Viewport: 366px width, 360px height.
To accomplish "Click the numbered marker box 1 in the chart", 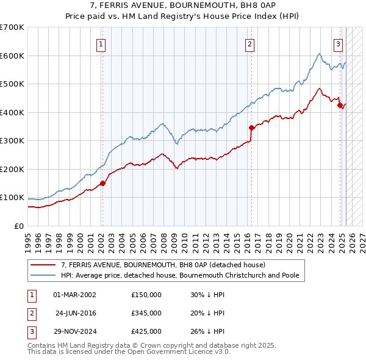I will click(100, 44).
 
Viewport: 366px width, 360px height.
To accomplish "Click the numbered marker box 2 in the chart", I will click(250, 44).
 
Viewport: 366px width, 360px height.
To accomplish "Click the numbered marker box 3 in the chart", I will click(338, 44).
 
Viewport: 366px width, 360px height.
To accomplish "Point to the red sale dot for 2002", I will click(102, 183).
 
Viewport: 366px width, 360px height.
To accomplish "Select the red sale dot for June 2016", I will click(251, 128).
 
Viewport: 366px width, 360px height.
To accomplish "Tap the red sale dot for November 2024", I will click(340, 105).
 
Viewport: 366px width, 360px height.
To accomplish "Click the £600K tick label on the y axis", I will click(12, 56).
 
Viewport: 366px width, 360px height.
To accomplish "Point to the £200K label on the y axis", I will click(12, 169).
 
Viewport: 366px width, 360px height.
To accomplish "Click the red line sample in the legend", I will click(43, 265).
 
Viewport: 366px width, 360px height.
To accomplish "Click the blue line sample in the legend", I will click(43, 275).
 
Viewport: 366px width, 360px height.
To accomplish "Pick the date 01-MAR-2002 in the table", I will click(74, 295).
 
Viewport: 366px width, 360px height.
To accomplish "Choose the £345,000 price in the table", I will click(146, 313).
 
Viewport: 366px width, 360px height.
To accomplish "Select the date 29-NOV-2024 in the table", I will click(74, 331).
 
